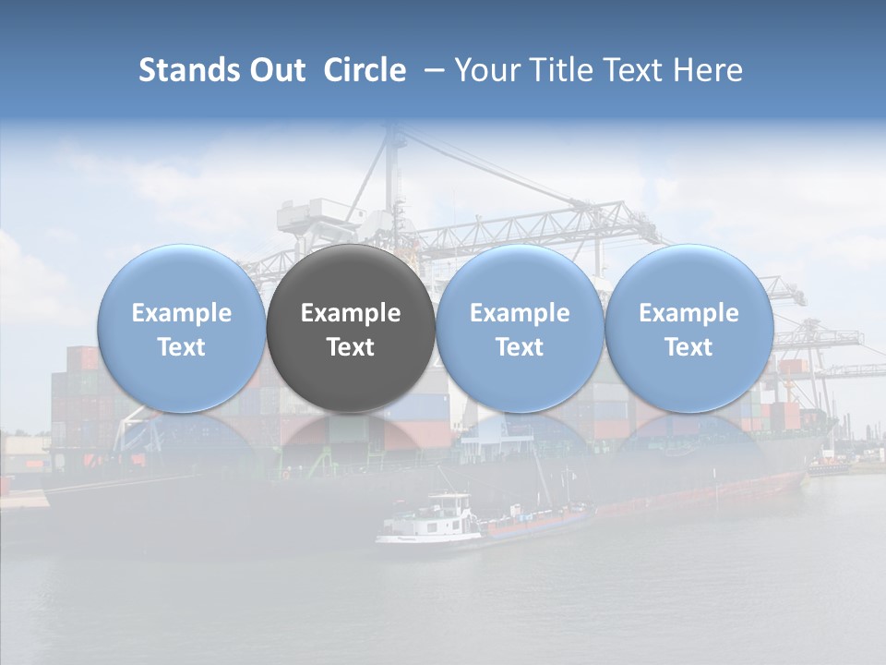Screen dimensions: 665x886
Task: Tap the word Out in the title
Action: tap(275, 70)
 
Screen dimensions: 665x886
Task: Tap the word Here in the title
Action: tap(707, 70)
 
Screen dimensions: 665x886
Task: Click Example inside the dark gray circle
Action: tap(351, 313)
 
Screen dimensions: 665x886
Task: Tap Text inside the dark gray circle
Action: tap(351, 347)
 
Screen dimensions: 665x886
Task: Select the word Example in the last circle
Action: tap(689, 313)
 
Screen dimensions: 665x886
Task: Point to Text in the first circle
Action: tap(181, 347)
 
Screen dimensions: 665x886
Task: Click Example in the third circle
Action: tap(520, 313)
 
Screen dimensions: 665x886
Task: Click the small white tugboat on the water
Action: tap(429, 525)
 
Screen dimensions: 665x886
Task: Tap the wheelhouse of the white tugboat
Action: tap(449, 507)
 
